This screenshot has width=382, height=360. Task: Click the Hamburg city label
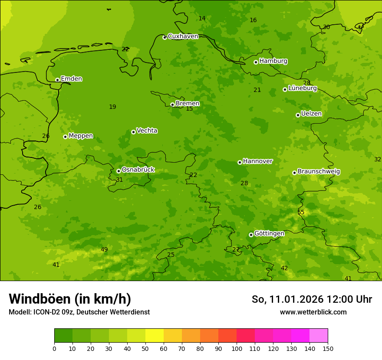pos(273,61)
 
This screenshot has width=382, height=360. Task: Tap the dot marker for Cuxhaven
pos(165,37)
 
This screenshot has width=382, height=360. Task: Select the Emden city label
pos(71,79)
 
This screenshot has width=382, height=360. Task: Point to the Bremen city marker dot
pos(172,105)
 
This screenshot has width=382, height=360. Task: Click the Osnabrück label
pos(138,170)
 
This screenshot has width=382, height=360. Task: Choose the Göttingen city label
pos(269,234)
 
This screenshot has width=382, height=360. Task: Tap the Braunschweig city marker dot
pos(294,173)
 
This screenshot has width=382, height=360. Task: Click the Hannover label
pos(257,161)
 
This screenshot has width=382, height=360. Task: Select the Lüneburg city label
pos(302,88)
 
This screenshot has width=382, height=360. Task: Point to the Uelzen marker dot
pos(298,115)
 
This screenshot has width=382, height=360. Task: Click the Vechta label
pos(147,131)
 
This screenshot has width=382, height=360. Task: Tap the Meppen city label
pos(81,136)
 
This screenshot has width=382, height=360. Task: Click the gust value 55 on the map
pos(301,212)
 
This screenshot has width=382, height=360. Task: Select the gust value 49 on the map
pos(104,249)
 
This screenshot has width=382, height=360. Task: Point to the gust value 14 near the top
pos(202,18)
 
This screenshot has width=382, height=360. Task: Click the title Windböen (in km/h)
pos(70,299)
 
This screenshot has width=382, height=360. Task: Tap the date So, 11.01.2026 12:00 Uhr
pos(312,299)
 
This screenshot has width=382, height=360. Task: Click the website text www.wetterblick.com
pos(313,312)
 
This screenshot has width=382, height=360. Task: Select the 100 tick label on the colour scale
pos(237,348)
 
